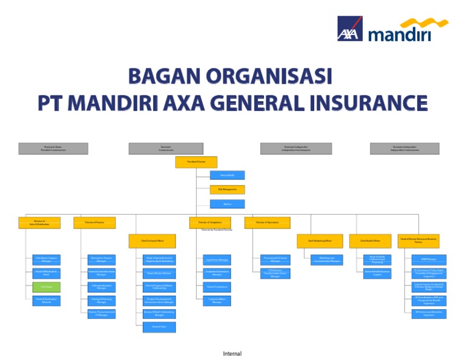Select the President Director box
196,162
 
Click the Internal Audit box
228,175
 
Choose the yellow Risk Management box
228,190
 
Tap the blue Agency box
228,204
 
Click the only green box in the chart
47,287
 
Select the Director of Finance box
94,223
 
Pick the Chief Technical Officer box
149,241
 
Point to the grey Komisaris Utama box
53,148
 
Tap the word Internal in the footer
232,353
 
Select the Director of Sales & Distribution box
40,223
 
